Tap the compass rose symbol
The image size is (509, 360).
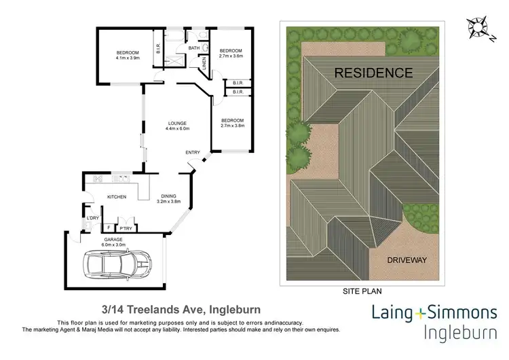click(479, 26)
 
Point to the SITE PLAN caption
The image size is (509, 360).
click(364, 289)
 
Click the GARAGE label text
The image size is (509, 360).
click(113, 240)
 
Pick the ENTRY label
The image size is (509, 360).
click(193, 152)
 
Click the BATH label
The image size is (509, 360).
click(194, 48)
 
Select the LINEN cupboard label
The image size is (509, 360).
click(204, 62)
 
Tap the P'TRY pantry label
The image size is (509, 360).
click(126, 228)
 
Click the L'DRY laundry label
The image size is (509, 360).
click(92, 217)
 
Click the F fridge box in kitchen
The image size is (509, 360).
click(109, 228)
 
